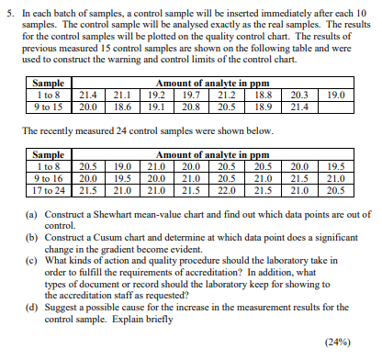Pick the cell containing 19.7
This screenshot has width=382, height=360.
[x=191, y=94]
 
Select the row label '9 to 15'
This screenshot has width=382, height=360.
[x=47, y=107]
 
